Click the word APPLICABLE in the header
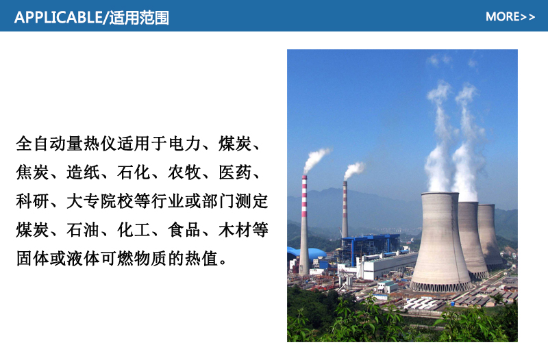(58, 18)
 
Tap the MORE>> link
(510, 16)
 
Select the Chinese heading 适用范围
(139, 18)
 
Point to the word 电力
(185, 144)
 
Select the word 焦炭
(32, 172)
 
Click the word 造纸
(83, 172)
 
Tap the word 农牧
(184, 172)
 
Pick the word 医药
(235, 172)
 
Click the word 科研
(32, 201)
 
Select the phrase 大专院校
(100, 201)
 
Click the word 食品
(184, 230)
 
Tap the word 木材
(235, 230)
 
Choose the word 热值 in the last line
(201, 259)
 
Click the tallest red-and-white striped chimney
(304, 225)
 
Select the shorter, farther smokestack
(345, 209)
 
